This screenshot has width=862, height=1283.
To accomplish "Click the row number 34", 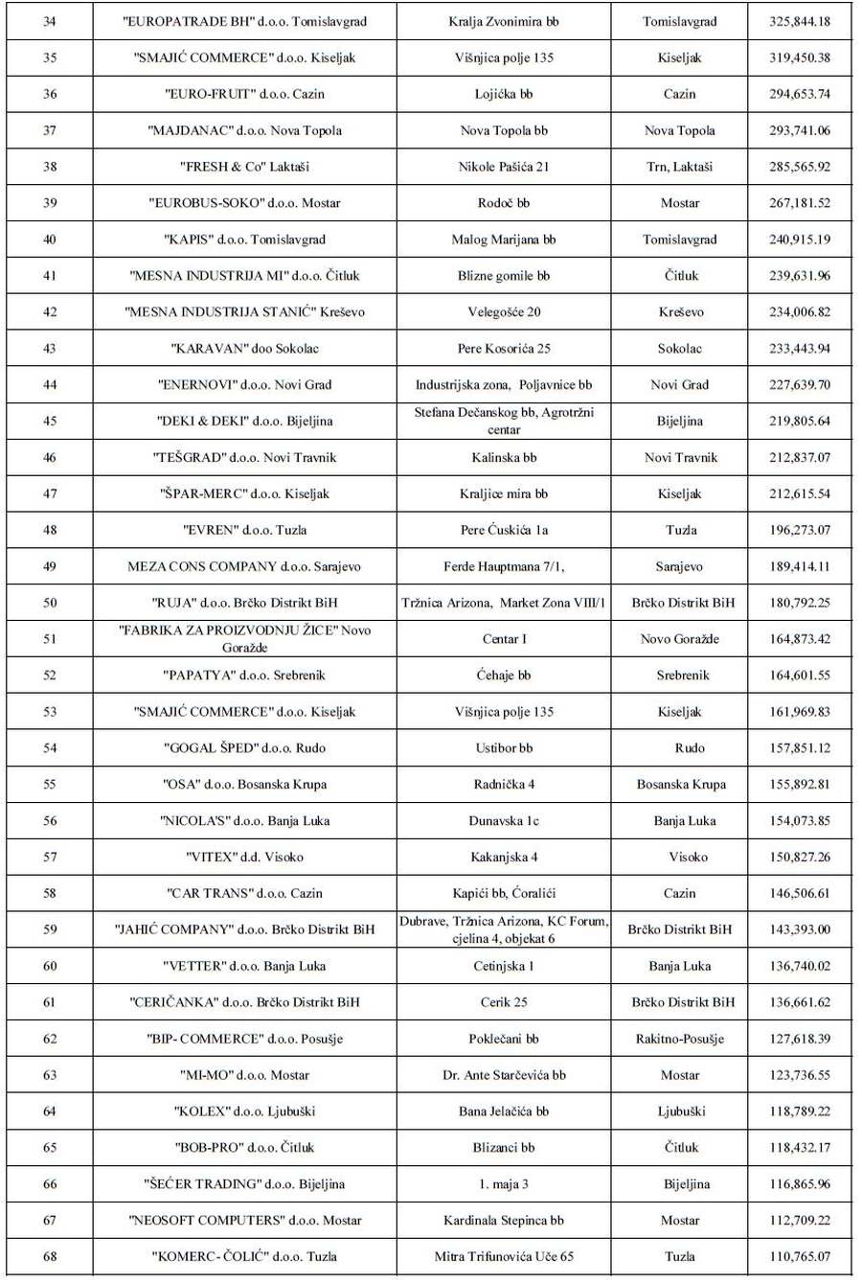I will (50, 21).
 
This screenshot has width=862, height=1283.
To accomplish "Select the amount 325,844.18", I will (800, 21).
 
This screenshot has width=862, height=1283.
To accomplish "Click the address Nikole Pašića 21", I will (504, 167).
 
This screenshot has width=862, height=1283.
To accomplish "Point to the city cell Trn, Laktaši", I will (680, 167).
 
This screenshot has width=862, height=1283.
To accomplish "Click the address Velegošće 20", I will (504, 312).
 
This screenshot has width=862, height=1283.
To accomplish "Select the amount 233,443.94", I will (800, 349).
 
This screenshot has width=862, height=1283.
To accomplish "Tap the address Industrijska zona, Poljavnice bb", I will (504, 385).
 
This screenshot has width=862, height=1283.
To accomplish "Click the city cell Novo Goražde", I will (680, 639).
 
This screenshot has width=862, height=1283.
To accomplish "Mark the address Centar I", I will (504, 639).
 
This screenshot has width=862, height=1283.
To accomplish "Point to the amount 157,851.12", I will (800, 748).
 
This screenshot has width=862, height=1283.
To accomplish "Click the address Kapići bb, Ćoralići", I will (504, 893).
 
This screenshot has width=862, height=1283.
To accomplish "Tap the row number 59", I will (50, 929).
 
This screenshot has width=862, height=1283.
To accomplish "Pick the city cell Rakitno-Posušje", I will (680, 1039).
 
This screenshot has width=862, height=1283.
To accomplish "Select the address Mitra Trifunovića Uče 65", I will (504, 1256).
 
